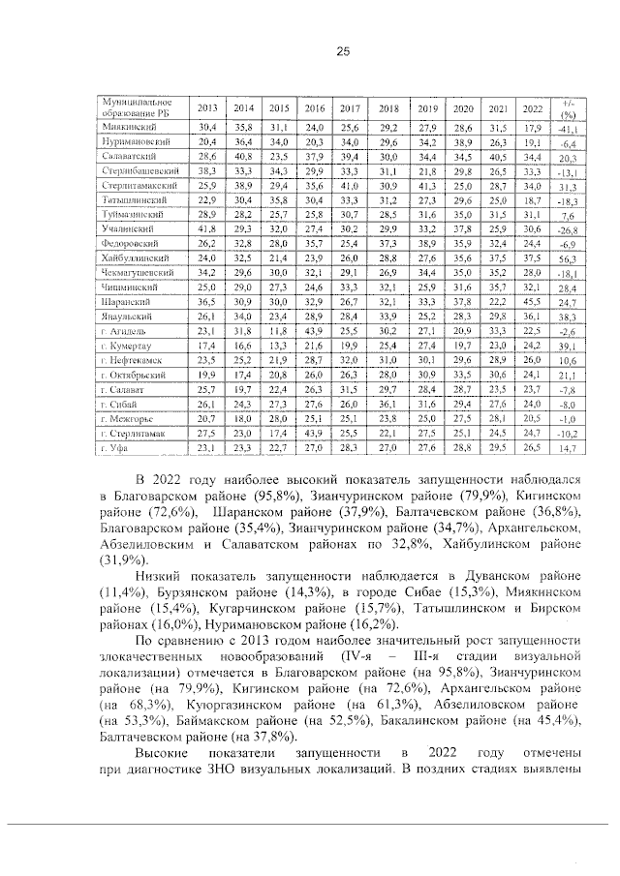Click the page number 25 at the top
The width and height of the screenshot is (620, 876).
coord(342,51)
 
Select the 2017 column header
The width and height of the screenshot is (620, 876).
coord(350,107)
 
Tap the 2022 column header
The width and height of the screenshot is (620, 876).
coord(531,107)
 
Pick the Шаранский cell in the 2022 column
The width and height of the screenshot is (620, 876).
coord(531,302)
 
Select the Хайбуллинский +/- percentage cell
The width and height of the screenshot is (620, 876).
coord(566,260)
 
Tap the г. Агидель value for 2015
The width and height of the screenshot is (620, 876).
coord(279,332)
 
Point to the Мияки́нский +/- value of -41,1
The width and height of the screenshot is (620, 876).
coord(566,128)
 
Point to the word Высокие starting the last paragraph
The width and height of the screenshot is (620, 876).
coord(166,751)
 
